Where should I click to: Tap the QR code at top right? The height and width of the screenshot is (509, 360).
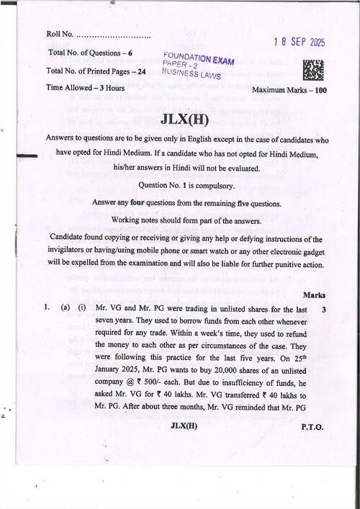point(313,70)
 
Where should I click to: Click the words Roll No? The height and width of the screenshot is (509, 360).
point(60,34)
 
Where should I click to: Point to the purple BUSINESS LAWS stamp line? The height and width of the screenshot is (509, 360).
point(192,73)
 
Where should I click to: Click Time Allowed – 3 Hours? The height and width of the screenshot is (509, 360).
point(85,88)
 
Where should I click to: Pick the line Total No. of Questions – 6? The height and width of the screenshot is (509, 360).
point(90,53)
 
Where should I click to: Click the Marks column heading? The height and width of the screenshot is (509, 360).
point(314,295)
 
